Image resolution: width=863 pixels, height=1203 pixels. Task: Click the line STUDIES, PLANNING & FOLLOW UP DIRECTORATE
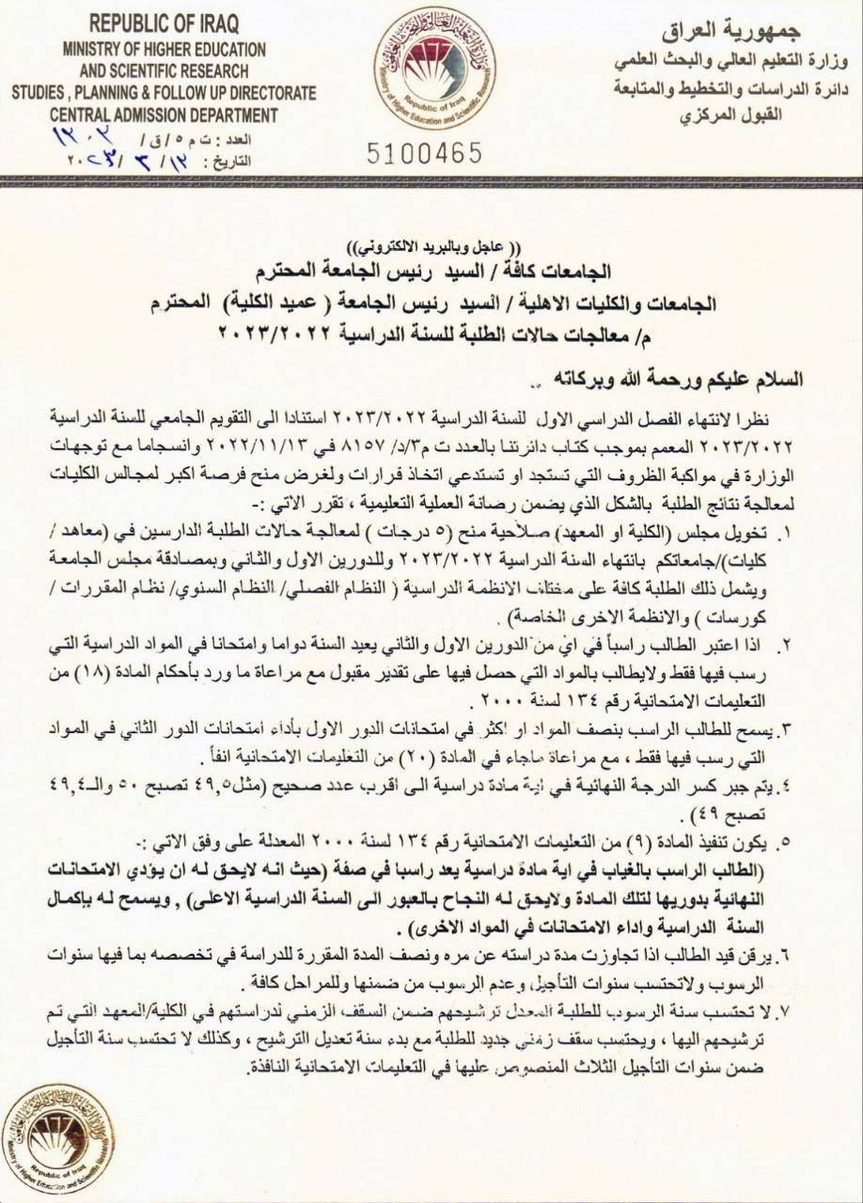[x=164, y=93]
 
